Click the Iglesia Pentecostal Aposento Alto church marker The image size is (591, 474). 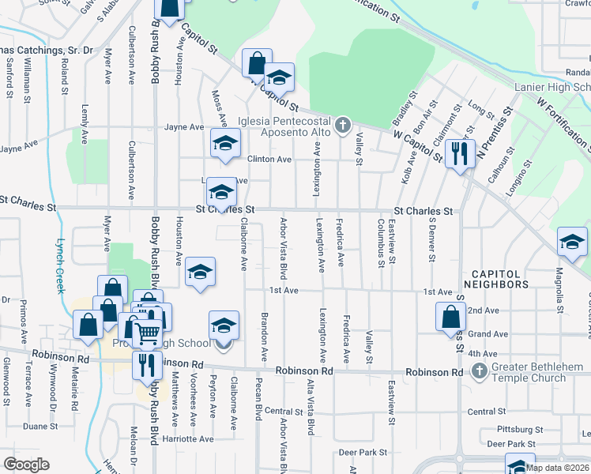342,125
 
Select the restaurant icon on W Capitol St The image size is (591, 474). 459,152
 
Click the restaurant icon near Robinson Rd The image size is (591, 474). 145,365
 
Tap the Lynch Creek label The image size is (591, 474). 59,265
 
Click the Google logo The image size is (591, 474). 26,465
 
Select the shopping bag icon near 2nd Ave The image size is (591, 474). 450,316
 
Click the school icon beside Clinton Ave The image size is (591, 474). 224,144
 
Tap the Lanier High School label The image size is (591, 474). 553,88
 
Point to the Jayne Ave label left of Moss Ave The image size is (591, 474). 185,126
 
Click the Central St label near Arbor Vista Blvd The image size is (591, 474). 284,412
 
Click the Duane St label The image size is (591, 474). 36,426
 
